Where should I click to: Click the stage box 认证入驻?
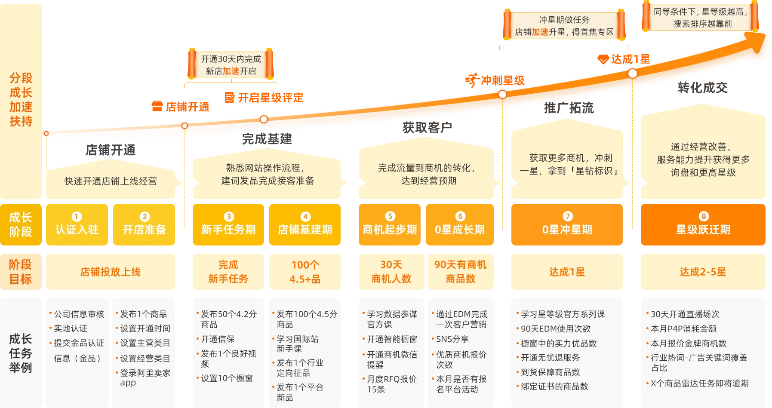[x=77, y=224]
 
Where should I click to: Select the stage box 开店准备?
[x=144, y=224]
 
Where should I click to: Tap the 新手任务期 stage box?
[x=228, y=224]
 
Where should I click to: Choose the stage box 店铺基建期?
[x=305, y=224]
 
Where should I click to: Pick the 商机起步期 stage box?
[x=390, y=224]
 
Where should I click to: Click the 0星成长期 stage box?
[x=460, y=224]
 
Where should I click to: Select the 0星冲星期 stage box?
[x=566, y=224]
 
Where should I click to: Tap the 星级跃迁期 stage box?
[x=703, y=224]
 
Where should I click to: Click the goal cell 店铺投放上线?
[x=110, y=272]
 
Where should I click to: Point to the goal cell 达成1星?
[x=566, y=272]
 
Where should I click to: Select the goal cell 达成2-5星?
[x=703, y=272]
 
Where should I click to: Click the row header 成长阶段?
[x=21, y=224]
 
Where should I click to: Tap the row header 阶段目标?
[x=21, y=272]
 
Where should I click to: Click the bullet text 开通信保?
[x=218, y=339]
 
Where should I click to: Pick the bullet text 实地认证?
[x=71, y=328]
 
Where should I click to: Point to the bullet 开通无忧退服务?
[x=550, y=358]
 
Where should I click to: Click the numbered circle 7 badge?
[x=568, y=216]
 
